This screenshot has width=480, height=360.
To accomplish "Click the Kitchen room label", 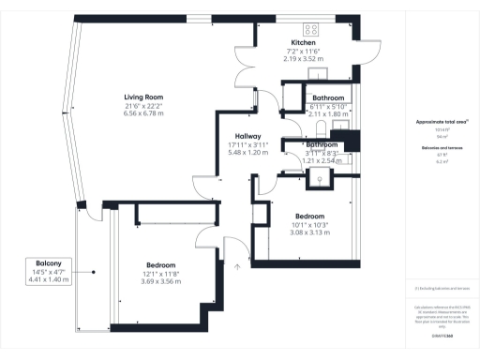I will point(303,43).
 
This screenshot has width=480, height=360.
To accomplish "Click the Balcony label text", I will point(49,263).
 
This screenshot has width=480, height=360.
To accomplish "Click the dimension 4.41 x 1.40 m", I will point(49,280).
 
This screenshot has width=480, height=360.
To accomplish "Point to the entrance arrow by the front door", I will point(236,266).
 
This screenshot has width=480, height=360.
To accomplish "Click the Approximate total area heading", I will point(442,123).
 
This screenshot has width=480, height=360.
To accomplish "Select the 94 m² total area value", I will point(441,136).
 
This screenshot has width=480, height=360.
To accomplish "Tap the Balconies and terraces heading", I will point(441,148).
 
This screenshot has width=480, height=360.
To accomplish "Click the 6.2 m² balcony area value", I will point(441,161).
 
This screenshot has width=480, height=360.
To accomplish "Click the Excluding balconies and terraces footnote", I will point(442,290).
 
